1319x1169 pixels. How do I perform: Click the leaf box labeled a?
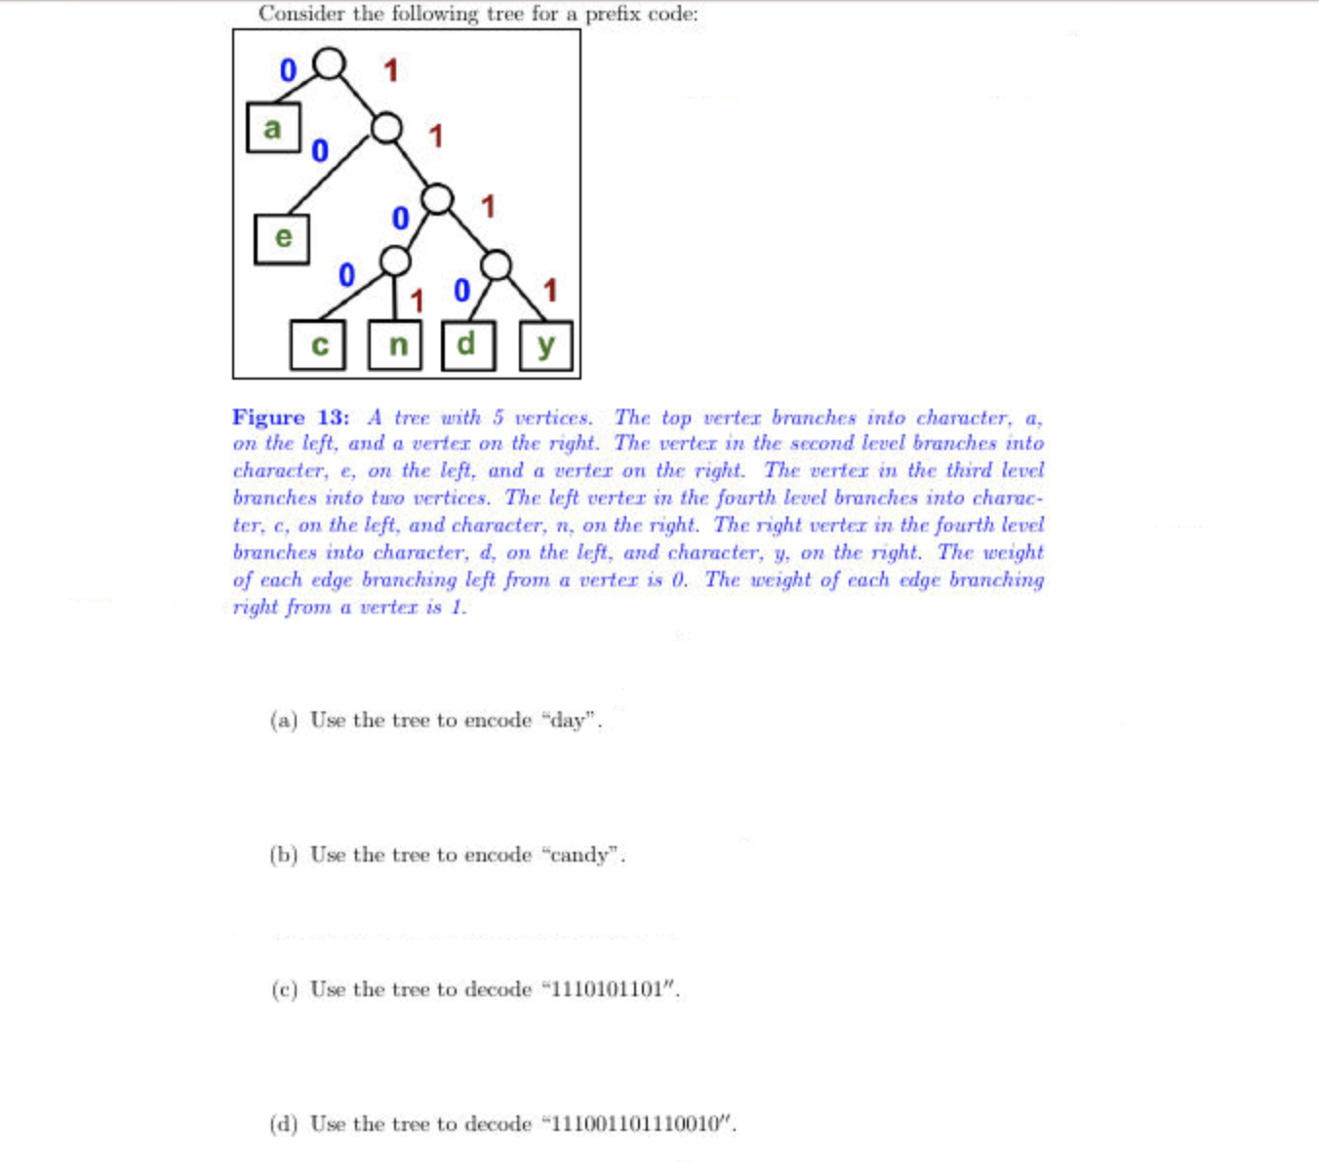(273, 128)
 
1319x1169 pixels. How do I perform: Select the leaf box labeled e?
(282, 238)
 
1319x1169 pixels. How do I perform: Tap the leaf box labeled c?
(318, 345)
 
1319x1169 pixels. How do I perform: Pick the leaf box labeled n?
(395, 345)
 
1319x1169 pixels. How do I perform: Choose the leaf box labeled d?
(468, 345)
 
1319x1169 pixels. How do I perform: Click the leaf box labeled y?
(545, 345)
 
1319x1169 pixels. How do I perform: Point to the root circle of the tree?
(330, 63)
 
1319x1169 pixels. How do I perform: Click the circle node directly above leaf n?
(395, 261)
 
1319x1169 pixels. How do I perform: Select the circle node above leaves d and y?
(496, 264)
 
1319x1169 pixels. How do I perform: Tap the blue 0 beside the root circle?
(288, 70)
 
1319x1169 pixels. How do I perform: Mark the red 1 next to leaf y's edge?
(550, 290)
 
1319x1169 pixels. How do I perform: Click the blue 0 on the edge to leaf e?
(320, 151)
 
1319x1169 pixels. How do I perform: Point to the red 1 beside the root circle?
(390, 70)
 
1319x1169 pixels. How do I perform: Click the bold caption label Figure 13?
(291, 418)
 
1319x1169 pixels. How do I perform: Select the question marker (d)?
(284, 1124)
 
